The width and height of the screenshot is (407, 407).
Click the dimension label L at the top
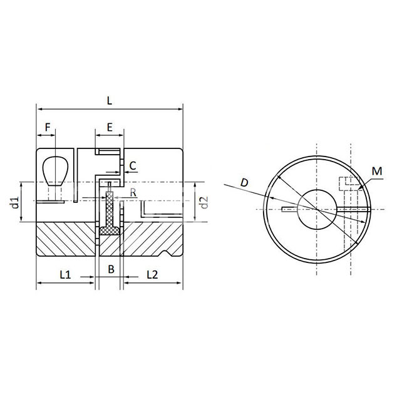point(110,101)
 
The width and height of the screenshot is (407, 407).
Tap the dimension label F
point(48,128)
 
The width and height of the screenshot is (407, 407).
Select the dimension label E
point(110,128)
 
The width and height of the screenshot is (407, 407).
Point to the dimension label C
point(133,165)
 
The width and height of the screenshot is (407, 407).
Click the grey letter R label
point(133,193)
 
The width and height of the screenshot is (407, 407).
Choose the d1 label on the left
point(15,202)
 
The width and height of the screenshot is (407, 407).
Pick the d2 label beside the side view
point(204,202)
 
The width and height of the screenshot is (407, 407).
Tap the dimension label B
point(111,269)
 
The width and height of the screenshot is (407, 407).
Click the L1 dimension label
point(65,274)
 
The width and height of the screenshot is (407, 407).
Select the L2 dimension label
point(152,274)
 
